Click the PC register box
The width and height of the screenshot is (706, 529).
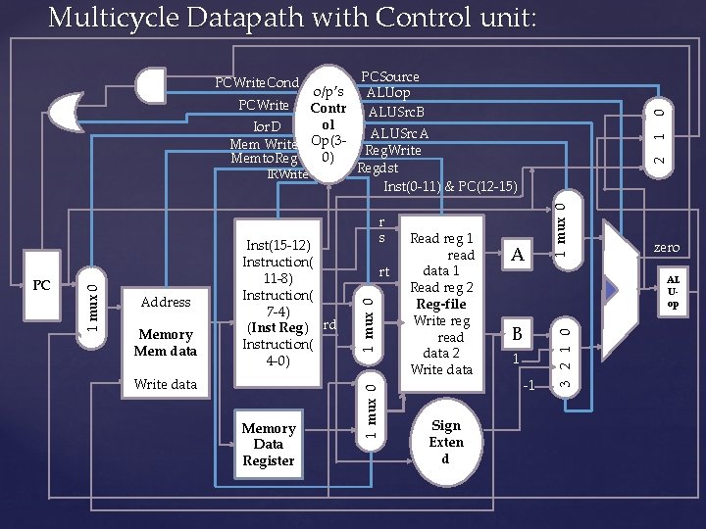coord(41,287)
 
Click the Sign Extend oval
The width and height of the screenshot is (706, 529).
coord(445,442)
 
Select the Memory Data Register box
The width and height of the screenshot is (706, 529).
coord(269,444)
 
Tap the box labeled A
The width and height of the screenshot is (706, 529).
coord(516,255)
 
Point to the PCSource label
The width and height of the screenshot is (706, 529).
coord(390,76)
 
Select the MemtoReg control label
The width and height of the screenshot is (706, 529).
coord(265,159)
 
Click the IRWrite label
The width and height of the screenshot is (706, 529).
coord(286,174)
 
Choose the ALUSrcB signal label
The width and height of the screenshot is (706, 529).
coord(396,112)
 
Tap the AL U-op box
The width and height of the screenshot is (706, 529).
coord(675,292)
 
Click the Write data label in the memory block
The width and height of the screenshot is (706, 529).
coord(165,384)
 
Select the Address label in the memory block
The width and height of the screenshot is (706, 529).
coord(165,302)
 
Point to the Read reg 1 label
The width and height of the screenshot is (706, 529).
coord(441,238)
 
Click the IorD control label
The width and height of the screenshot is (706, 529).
coord(267,127)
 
